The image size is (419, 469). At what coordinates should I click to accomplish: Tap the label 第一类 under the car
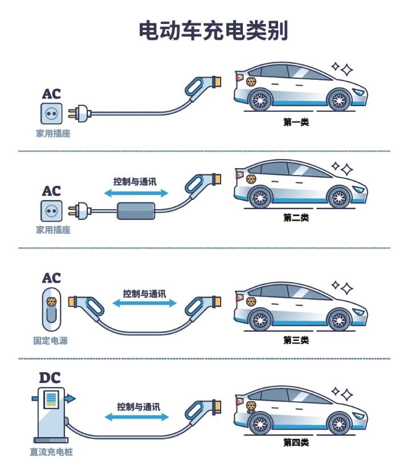[x=296, y=121]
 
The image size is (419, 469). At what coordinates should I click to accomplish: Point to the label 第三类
[x=296, y=340]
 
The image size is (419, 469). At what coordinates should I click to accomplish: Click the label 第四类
[x=296, y=442]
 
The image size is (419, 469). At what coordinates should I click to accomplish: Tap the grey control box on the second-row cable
[x=136, y=211]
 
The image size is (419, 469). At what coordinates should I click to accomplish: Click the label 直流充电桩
[x=51, y=452]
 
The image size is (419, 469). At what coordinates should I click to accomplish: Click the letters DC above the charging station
[x=50, y=377]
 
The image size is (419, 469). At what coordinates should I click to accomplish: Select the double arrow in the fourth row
[x=137, y=417]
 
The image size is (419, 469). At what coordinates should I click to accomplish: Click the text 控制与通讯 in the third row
[x=144, y=293]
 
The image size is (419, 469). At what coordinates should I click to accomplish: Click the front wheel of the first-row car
[x=337, y=100]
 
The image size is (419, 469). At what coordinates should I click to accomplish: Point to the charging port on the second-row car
[x=250, y=178]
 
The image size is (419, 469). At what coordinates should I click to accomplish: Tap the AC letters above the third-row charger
[x=51, y=279]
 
